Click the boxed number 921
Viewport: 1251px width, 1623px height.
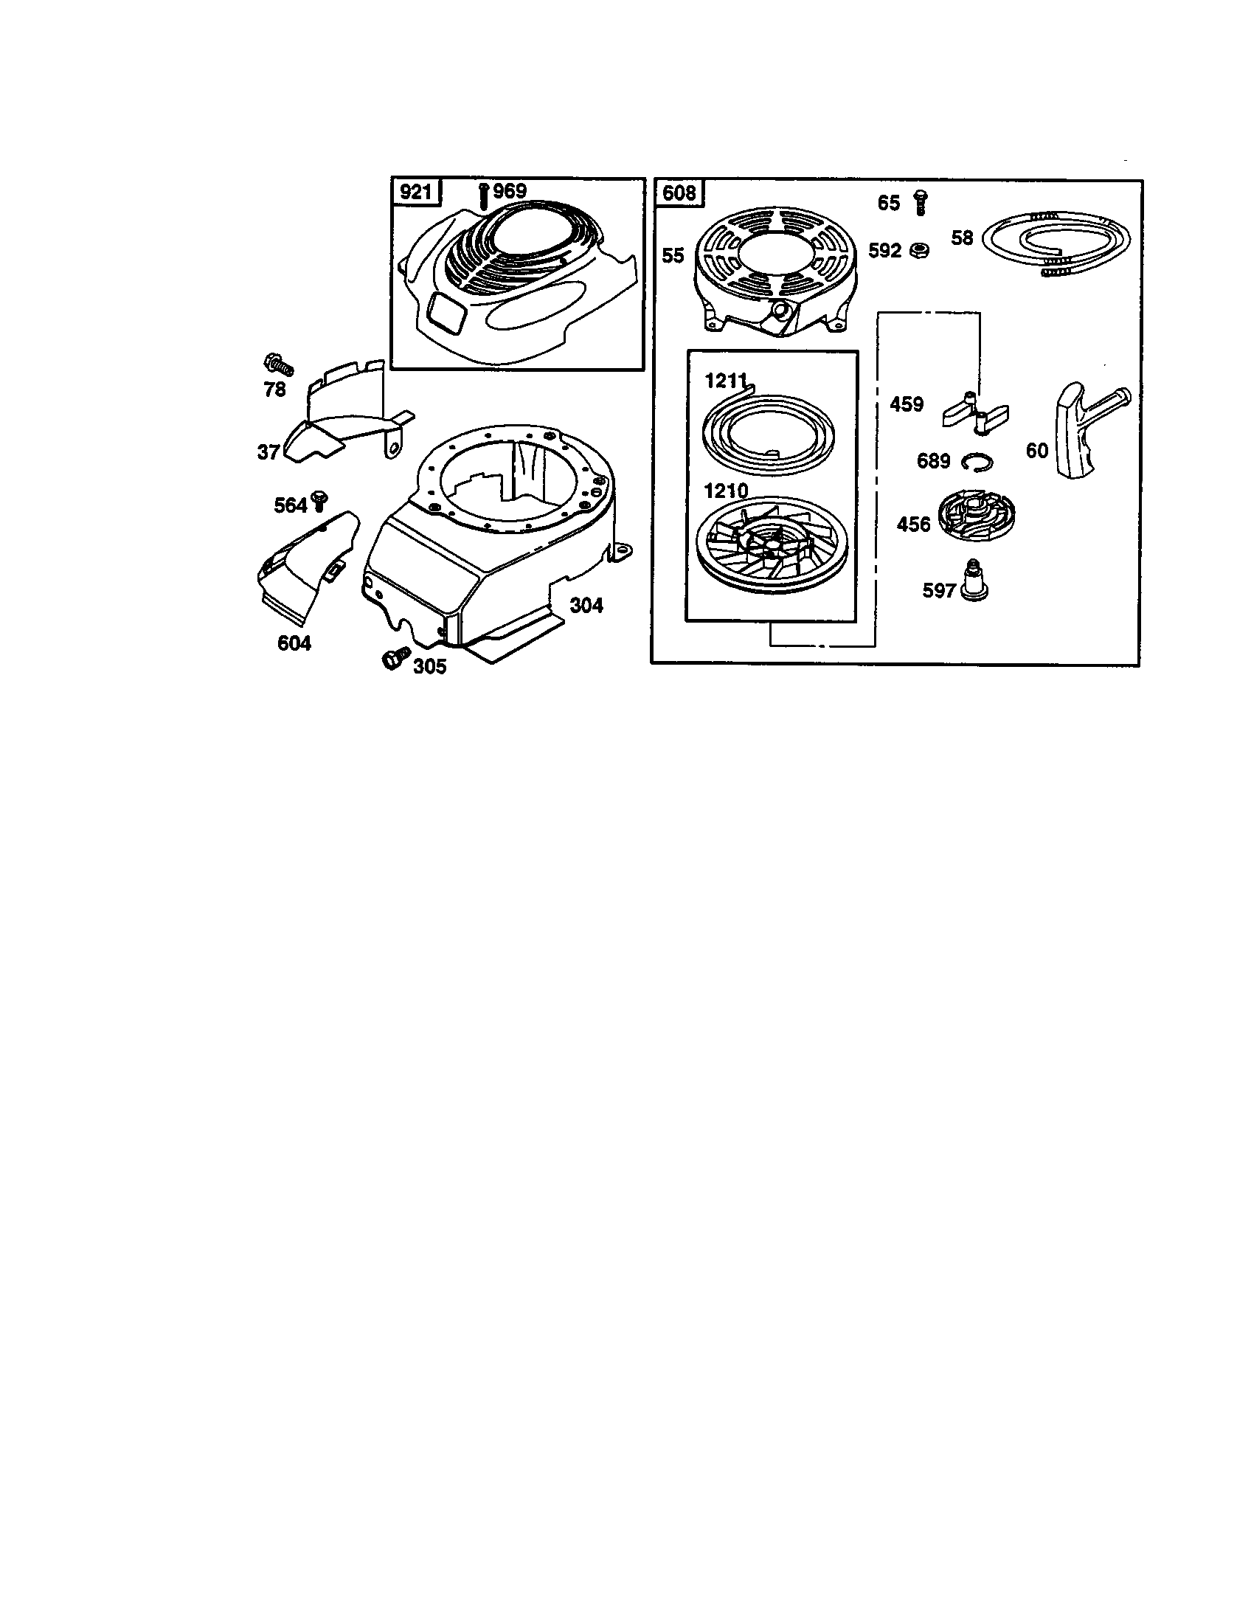415,193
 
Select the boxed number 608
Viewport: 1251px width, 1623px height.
679,193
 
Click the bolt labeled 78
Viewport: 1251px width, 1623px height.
279,364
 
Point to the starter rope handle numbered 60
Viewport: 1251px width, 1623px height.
1084,429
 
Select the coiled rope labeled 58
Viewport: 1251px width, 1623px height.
1055,243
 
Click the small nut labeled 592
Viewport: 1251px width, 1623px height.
919,250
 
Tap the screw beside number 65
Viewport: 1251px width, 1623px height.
921,202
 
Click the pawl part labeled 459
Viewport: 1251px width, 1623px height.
974,413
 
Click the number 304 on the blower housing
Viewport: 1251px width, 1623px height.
586,606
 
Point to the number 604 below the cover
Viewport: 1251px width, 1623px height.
294,643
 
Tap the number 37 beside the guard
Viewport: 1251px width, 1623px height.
268,451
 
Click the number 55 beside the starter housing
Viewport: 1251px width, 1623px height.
672,256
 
